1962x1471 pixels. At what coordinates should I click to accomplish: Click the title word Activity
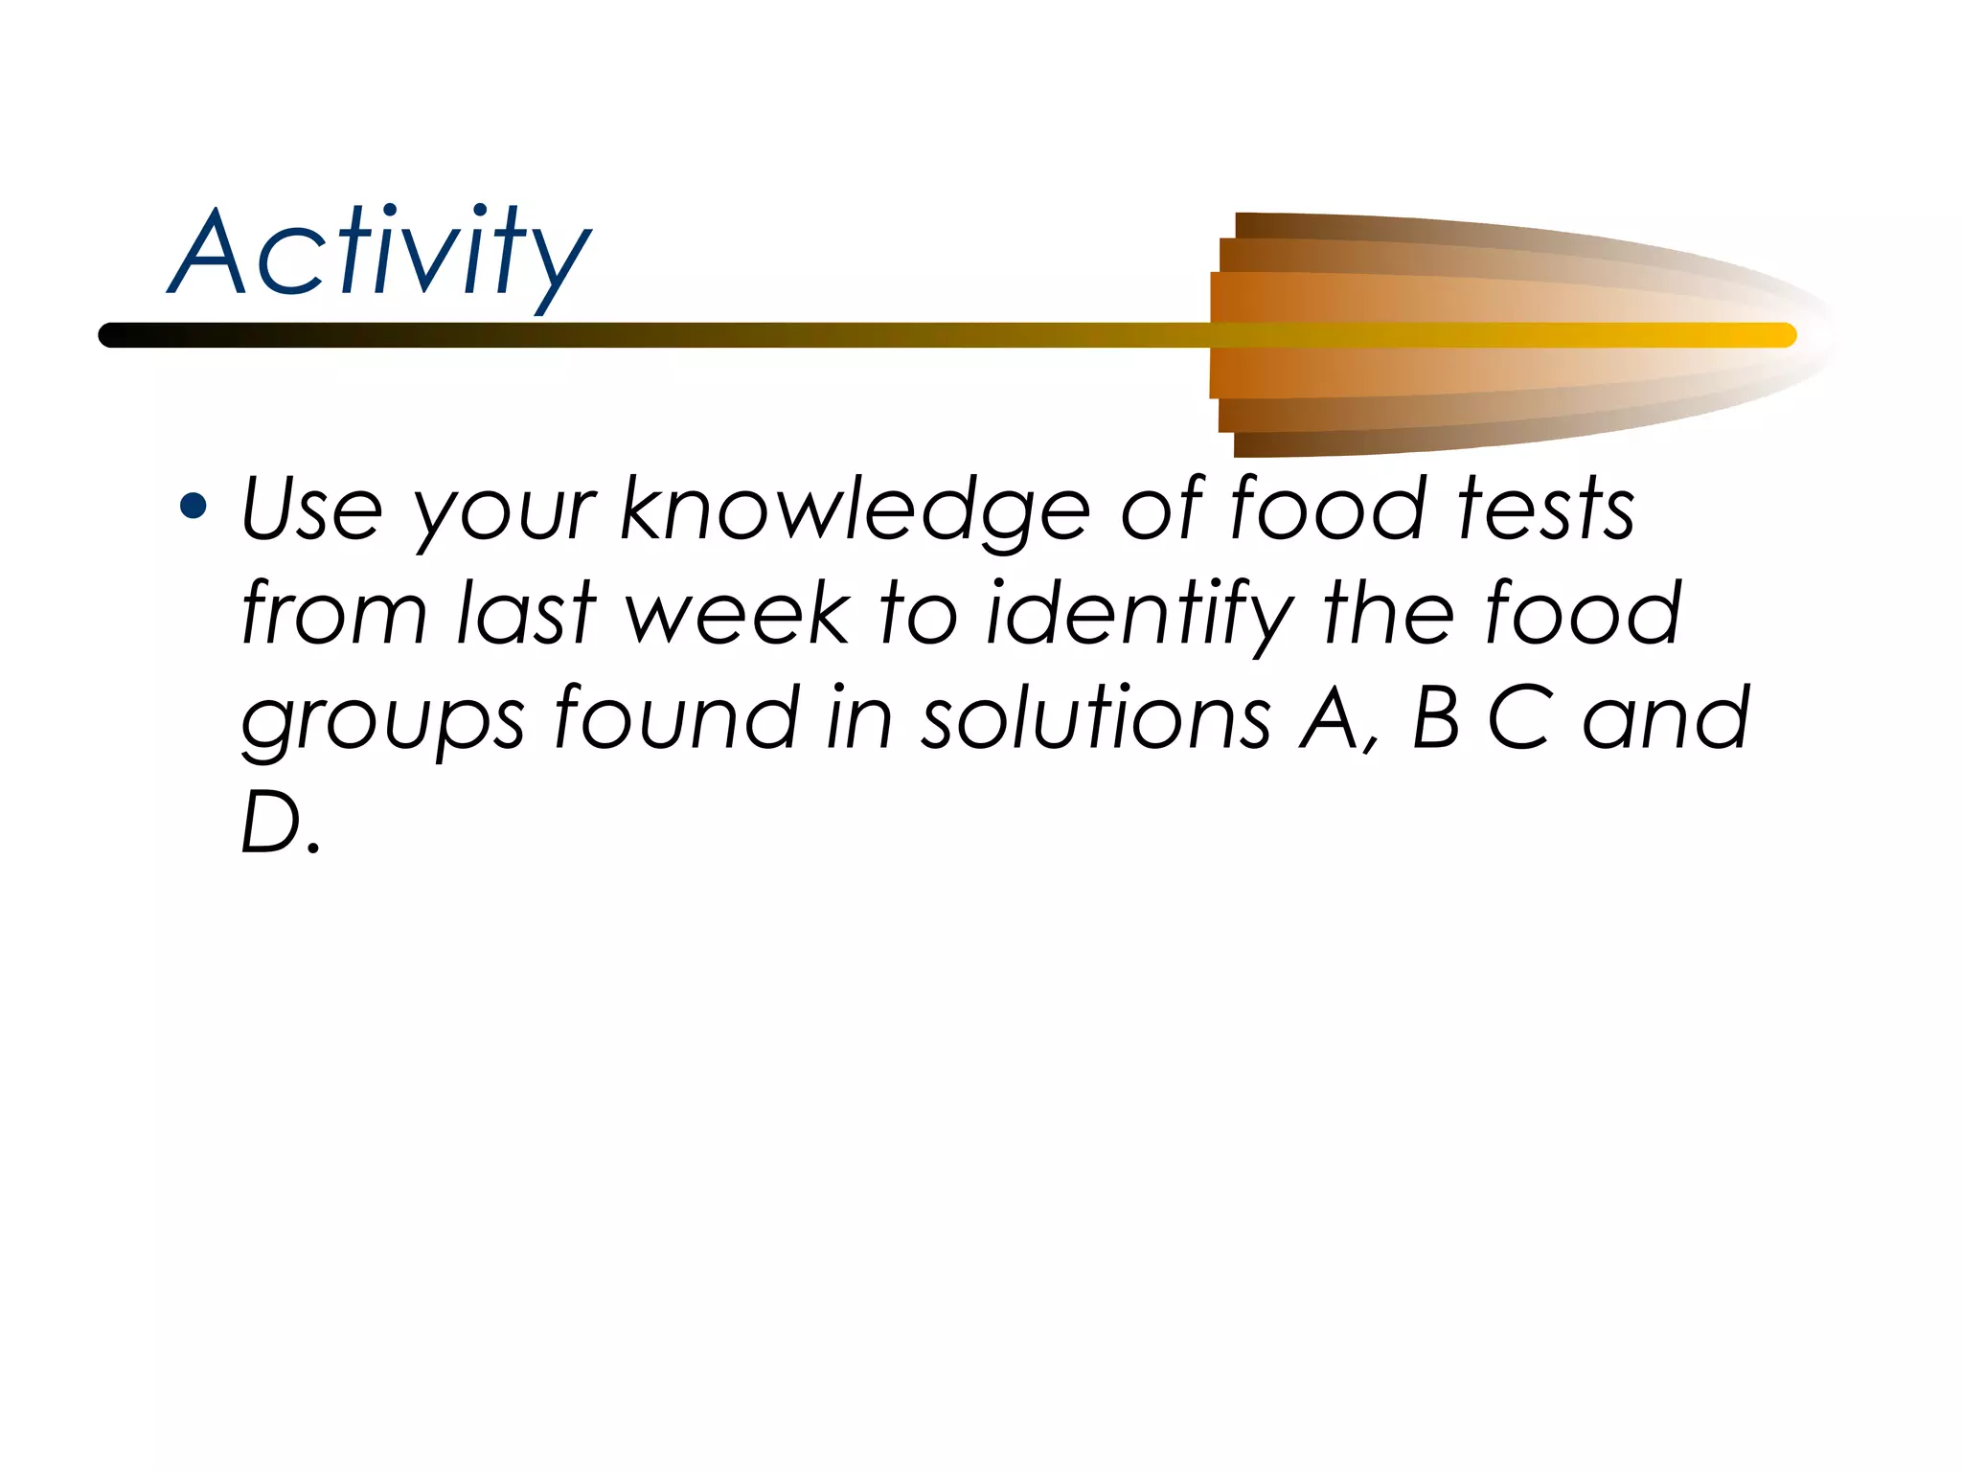pos(380,254)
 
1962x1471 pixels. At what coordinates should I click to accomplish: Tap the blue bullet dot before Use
pos(194,505)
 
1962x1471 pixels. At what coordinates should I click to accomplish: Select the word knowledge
pos(855,509)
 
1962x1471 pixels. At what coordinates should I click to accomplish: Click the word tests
pos(1545,509)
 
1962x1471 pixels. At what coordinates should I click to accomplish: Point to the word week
pos(738,613)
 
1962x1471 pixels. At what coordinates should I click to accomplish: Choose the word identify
pos(1140,613)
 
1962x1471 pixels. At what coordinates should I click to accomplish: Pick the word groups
pos(382,720)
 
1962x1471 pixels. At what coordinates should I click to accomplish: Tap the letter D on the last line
pos(271,823)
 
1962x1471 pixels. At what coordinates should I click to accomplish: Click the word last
pos(527,613)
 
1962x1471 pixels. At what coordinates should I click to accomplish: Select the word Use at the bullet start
pos(311,509)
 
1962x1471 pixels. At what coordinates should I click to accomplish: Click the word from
pos(333,613)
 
